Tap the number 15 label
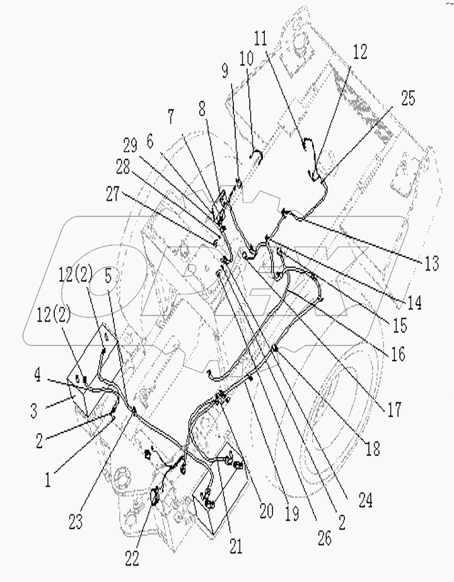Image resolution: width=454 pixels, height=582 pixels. click(x=400, y=326)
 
